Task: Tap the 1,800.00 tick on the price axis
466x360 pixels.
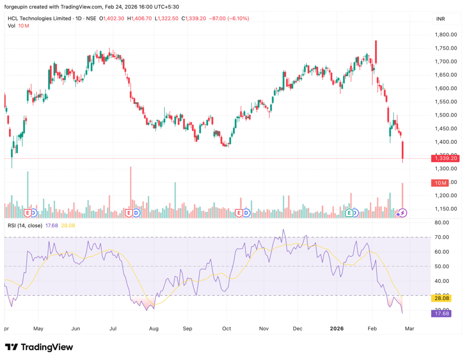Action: [446, 35]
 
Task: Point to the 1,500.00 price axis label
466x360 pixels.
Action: [446, 115]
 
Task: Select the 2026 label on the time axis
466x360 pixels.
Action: [336, 328]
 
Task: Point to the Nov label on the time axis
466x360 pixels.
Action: [263, 328]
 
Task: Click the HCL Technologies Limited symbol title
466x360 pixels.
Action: [40, 19]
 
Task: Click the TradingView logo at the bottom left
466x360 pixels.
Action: [39, 347]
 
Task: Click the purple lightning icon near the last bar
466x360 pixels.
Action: [403, 213]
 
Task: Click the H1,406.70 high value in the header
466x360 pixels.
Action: [140, 19]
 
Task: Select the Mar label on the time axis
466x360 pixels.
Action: [409, 328]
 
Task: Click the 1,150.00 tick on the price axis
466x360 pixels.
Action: [446, 209]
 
